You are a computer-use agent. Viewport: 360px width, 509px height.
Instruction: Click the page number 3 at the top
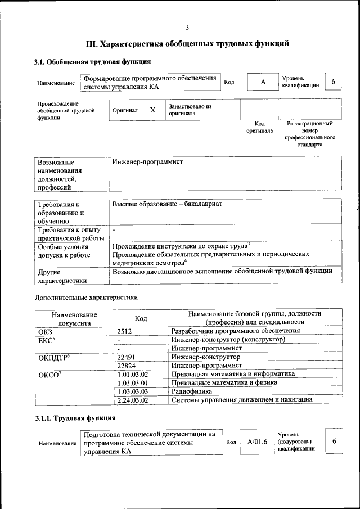tap(187, 28)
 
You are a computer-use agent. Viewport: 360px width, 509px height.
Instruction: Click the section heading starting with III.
tap(187, 43)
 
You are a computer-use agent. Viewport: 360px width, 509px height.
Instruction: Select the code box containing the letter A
tap(262, 83)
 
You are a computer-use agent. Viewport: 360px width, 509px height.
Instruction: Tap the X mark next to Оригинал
tap(152, 110)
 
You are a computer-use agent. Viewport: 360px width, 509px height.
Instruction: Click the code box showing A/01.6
tap(257, 442)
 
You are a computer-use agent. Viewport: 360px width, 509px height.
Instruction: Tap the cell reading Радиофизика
tap(192, 391)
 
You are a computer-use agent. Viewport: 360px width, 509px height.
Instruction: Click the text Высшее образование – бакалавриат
tap(167, 204)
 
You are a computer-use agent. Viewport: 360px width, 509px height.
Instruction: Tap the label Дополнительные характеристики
tap(86, 297)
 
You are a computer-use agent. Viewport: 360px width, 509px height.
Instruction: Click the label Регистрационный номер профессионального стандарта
tap(309, 134)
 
